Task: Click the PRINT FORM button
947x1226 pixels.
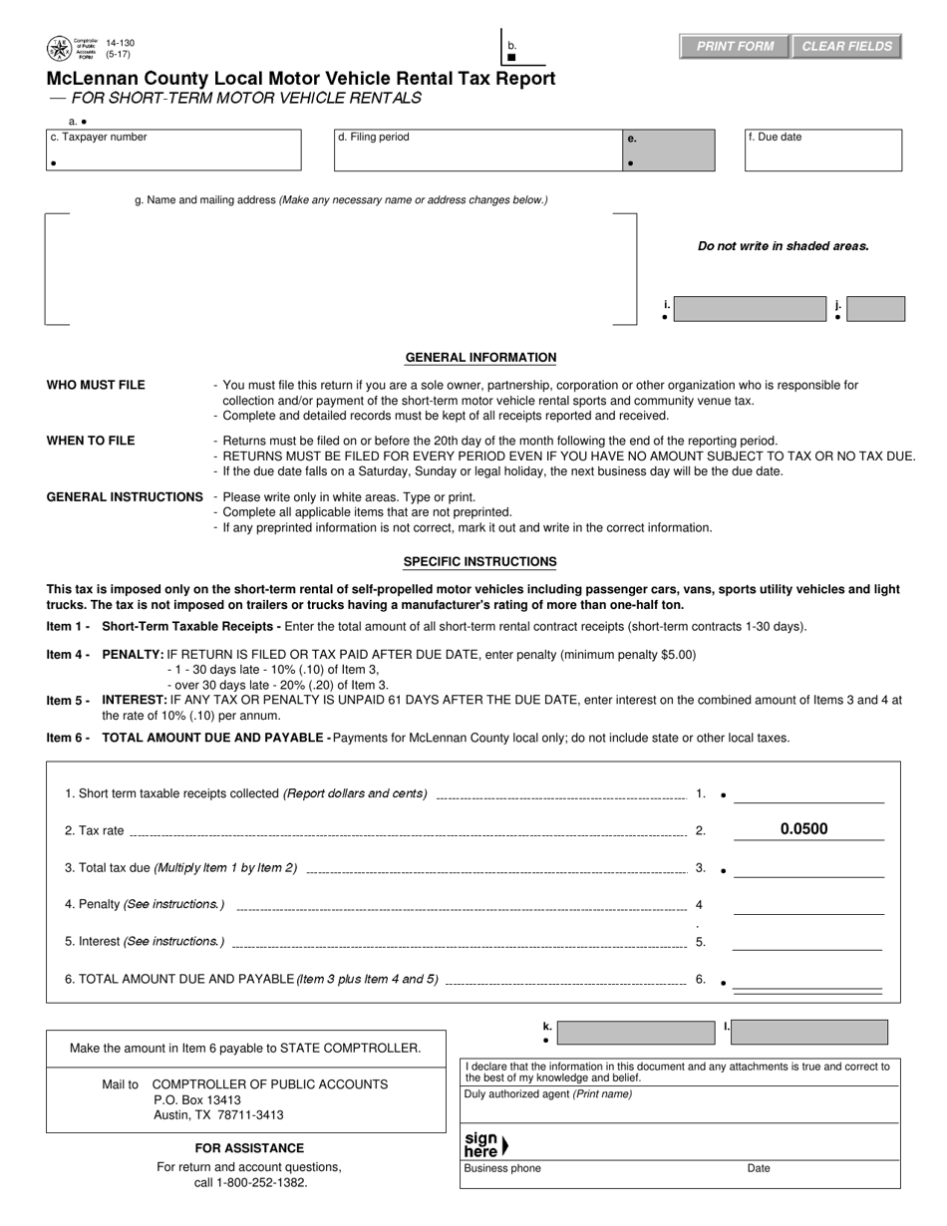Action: click(x=735, y=47)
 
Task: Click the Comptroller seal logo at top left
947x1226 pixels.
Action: click(x=59, y=48)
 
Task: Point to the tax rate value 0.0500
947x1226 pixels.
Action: click(x=803, y=829)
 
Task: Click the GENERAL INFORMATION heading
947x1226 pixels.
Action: click(x=480, y=358)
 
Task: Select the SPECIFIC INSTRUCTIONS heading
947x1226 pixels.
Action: click(x=479, y=562)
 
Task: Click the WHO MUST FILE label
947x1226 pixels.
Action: click(x=96, y=385)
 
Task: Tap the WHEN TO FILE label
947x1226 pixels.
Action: click(x=91, y=441)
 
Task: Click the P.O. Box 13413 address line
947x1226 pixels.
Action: click(x=197, y=1100)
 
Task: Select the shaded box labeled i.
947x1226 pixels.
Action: click(x=749, y=309)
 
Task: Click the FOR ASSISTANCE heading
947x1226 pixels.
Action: click(x=249, y=1148)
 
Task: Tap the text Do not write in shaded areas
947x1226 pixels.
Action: click(x=783, y=246)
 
